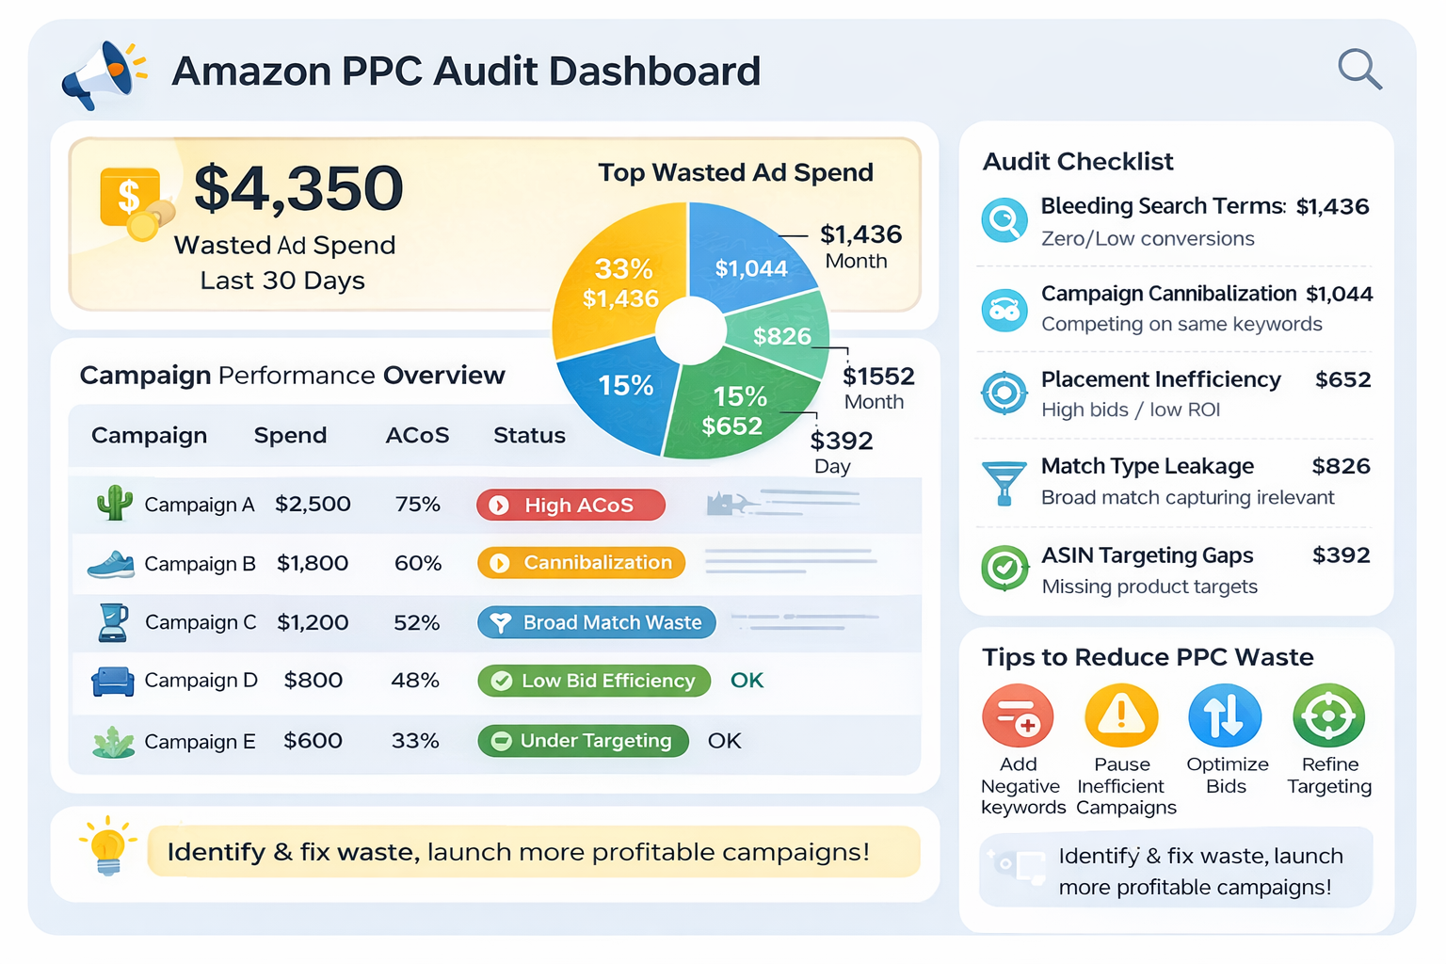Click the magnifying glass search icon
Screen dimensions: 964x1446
tap(1359, 70)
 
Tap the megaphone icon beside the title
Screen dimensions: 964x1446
tap(103, 74)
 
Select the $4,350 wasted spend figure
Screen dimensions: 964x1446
tap(298, 188)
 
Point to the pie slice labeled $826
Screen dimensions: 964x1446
tap(780, 336)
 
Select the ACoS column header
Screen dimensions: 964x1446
tap(417, 436)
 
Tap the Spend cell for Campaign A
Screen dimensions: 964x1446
tap(313, 505)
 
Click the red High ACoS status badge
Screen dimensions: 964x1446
tap(570, 506)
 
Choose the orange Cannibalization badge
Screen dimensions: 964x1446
tap(581, 563)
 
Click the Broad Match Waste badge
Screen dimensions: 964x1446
tap(596, 622)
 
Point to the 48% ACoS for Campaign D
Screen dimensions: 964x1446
tap(415, 681)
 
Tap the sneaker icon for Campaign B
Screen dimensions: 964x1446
tap(111, 564)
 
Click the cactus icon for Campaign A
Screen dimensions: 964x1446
tap(114, 503)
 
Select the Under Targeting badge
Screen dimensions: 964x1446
tap(583, 741)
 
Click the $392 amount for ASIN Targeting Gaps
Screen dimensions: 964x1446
tap(1341, 555)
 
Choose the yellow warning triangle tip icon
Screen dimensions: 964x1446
tap(1120, 715)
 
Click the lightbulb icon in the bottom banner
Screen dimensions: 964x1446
tap(108, 845)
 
